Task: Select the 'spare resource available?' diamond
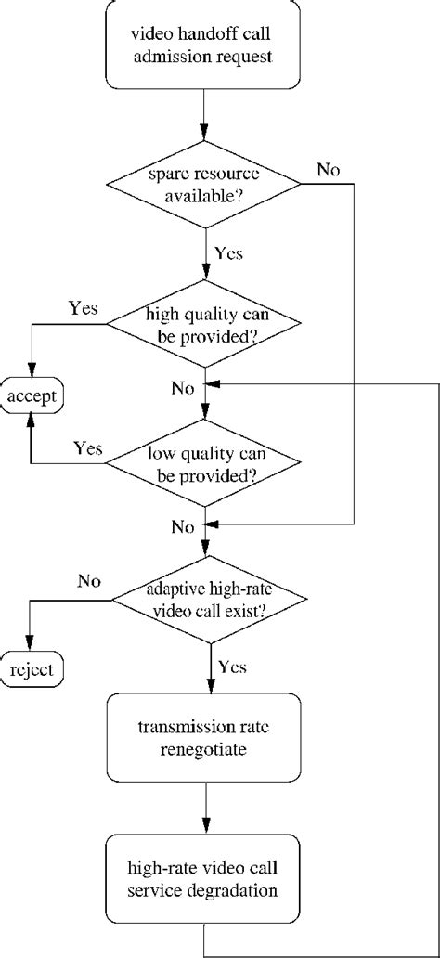pyautogui.click(x=203, y=185)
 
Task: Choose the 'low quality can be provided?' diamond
pyautogui.click(x=203, y=463)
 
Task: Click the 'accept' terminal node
pyautogui.click(x=32, y=397)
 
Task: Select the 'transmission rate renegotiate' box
pyautogui.click(x=203, y=738)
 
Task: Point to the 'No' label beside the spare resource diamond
pyautogui.click(x=328, y=170)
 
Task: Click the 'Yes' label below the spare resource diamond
pyautogui.click(x=227, y=252)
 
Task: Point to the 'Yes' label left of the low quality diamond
pyautogui.click(x=88, y=448)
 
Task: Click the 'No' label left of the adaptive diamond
pyautogui.click(x=89, y=583)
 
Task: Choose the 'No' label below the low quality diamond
pyautogui.click(x=182, y=527)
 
